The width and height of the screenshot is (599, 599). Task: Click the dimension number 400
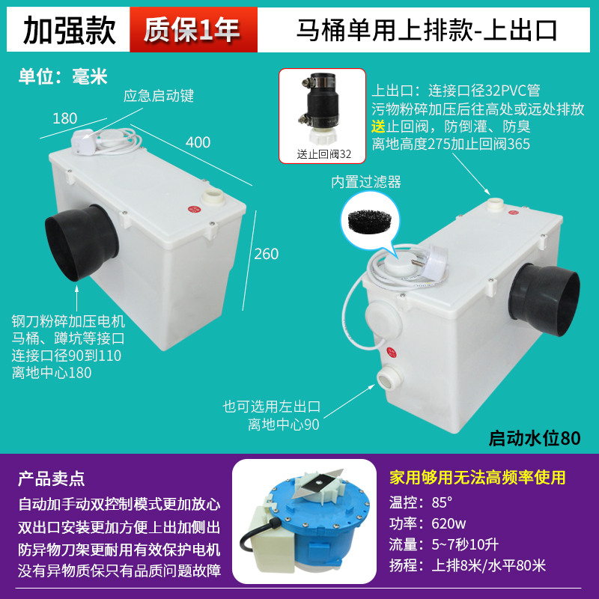(x=198, y=142)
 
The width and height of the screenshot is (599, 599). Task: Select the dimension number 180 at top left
(x=65, y=118)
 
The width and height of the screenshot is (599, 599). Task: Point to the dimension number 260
(x=266, y=254)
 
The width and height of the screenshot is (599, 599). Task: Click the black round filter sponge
(x=367, y=219)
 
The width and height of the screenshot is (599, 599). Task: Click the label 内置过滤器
(x=367, y=181)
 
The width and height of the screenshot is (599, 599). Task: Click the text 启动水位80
(x=535, y=437)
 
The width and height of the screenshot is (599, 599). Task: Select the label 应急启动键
(x=159, y=95)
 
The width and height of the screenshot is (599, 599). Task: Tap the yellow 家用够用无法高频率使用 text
(x=478, y=478)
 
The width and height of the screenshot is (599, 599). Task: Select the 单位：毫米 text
(x=64, y=76)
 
